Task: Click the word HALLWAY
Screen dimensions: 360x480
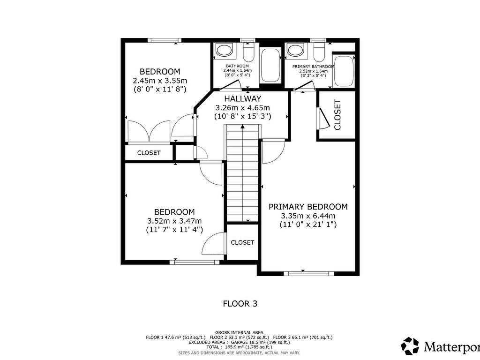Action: (242, 98)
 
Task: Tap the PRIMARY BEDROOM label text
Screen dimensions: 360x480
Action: (307, 207)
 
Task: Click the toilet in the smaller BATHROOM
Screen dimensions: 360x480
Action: (248, 52)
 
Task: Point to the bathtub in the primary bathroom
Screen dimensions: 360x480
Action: (345, 71)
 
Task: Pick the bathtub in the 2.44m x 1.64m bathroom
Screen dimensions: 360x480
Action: (270, 65)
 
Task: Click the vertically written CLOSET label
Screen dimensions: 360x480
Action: (337, 115)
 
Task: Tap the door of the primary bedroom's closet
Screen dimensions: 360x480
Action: (323, 118)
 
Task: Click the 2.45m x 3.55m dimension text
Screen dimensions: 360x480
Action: (160, 80)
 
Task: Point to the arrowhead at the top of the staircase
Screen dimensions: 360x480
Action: (242, 126)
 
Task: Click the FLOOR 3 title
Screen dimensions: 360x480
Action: (240, 304)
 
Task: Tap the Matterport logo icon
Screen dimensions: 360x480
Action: (410, 346)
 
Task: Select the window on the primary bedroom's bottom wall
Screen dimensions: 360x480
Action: (308, 273)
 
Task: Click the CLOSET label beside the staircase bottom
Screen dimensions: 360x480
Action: (242, 242)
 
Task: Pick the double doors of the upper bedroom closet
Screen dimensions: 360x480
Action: (149, 132)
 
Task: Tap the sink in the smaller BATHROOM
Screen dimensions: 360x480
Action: (224, 50)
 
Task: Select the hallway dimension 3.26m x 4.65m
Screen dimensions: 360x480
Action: (242, 107)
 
